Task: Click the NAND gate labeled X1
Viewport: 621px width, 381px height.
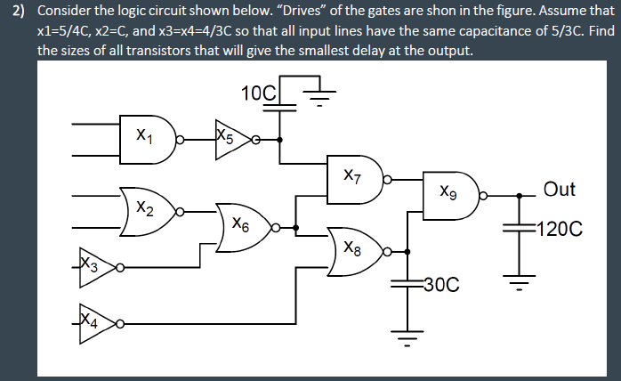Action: point(146,138)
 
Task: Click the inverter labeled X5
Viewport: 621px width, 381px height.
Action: point(230,138)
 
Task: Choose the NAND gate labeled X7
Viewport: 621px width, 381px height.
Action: point(356,177)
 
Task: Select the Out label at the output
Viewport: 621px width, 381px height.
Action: point(560,189)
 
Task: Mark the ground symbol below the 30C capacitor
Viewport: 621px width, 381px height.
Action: point(408,338)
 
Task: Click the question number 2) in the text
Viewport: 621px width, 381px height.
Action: point(16,12)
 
